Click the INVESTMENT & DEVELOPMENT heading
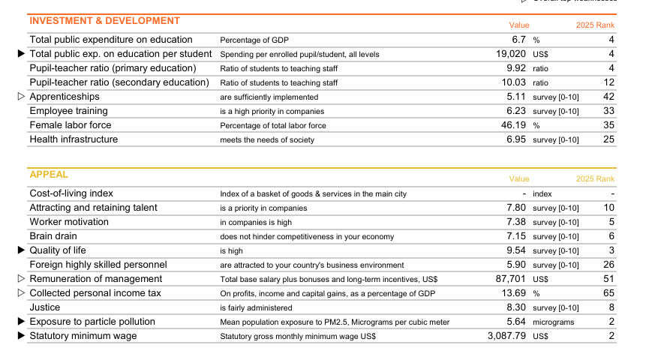coord(104,21)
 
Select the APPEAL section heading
coord(49,175)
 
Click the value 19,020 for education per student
coord(511,54)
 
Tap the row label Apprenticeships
coord(65,97)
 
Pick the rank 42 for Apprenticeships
coord(608,97)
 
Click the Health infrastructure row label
coord(74,139)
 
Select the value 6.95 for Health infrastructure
coord(516,139)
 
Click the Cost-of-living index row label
coord(71,193)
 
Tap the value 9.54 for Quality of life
coord(516,250)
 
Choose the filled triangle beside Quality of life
coord(21,250)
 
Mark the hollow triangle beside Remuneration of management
coord(21,279)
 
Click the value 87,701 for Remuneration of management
coord(511,279)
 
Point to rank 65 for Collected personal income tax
coord(608,293)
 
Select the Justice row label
coord(45,307)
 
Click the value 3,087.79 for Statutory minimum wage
coord(507,336)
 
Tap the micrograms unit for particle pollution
coord(553,322)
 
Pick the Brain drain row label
coord(53,236)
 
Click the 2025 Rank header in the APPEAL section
coord(595,179)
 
